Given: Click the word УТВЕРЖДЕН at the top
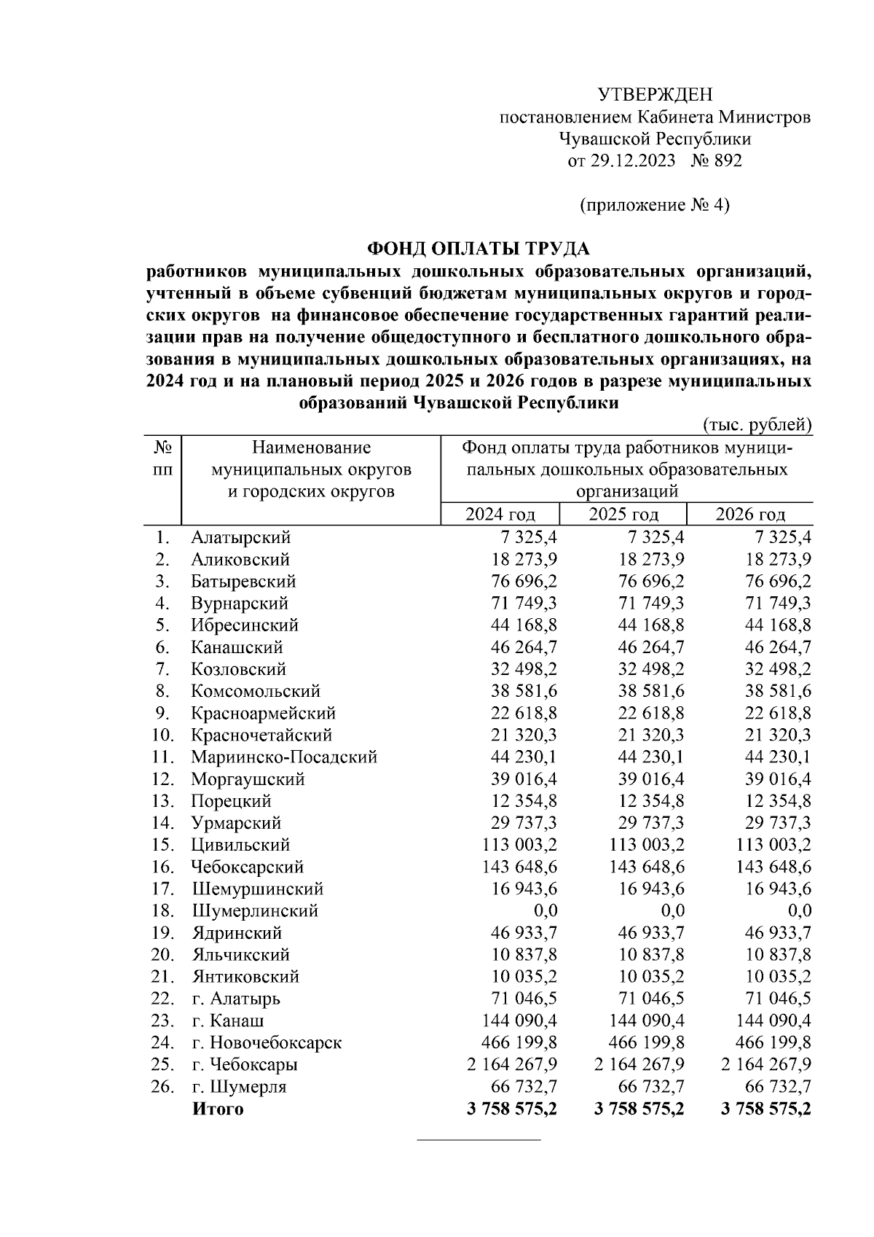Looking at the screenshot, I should pos(655,95).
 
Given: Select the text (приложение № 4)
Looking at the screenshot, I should pos(654,205).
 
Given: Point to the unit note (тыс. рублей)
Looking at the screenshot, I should pos(757,424).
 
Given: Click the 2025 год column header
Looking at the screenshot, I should pos(623,515).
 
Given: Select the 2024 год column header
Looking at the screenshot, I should pos(500,515).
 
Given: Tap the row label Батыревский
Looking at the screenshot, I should pos(243,582).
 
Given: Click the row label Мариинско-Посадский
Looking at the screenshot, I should pos(284,757).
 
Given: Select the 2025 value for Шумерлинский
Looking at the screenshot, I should pos(669,910).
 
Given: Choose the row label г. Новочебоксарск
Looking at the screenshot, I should pos(267,1042).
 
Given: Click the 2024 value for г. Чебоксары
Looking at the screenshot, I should pos(512,1064).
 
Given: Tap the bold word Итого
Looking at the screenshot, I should pos(218,1109).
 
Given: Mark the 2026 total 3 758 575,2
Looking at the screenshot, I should pos(766,1109).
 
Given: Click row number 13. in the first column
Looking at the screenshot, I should pos(163,801).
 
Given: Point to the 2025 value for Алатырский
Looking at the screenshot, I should pos(653,538).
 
